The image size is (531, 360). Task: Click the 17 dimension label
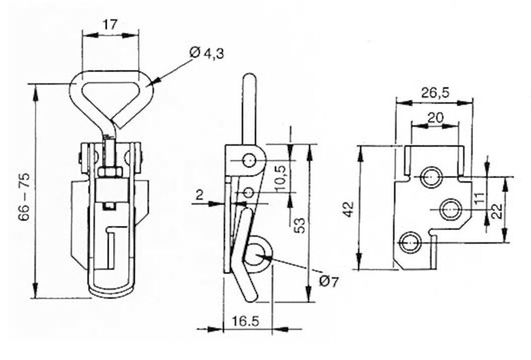click(x=111, y=25)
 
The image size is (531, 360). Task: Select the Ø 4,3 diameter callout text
click(x=207, y=53)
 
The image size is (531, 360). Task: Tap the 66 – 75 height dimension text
click(x=25, y=198)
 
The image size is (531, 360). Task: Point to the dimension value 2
click(x=200, y=195)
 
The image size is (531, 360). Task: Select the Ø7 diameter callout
click(x=329, y=281)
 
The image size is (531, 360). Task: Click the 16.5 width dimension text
click(x=245, y=321)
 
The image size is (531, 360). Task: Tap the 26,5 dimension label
click(x=435, y=92)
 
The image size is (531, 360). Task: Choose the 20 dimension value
click(x=436, y=117)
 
